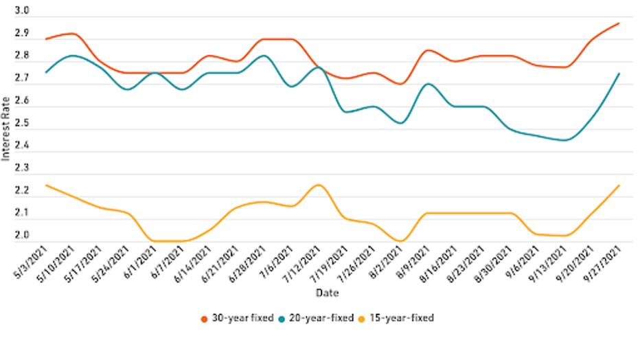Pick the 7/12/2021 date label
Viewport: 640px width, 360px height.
click(x=304, y=264)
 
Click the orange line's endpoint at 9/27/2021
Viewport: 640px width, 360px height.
click(x=619, y=23)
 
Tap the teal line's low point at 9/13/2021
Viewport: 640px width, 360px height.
click(x=565, y=140)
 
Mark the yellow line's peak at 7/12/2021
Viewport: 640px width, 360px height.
click(x=318, y=185)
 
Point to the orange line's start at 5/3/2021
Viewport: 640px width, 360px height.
click(x=46, y=39)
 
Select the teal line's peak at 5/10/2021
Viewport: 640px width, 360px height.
click(x=73, y=56)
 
